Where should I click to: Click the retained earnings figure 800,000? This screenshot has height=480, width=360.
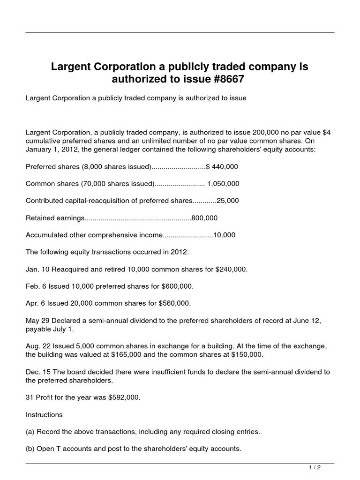pyautogui.click(x=204, y=218)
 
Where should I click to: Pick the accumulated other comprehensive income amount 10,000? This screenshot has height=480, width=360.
pyautogui.click(x=224, y=235)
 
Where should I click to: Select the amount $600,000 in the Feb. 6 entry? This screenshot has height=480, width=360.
pyautogui.click(x=177, y=286)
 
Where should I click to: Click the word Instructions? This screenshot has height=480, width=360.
pyautogui.click(x=44, y=414)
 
